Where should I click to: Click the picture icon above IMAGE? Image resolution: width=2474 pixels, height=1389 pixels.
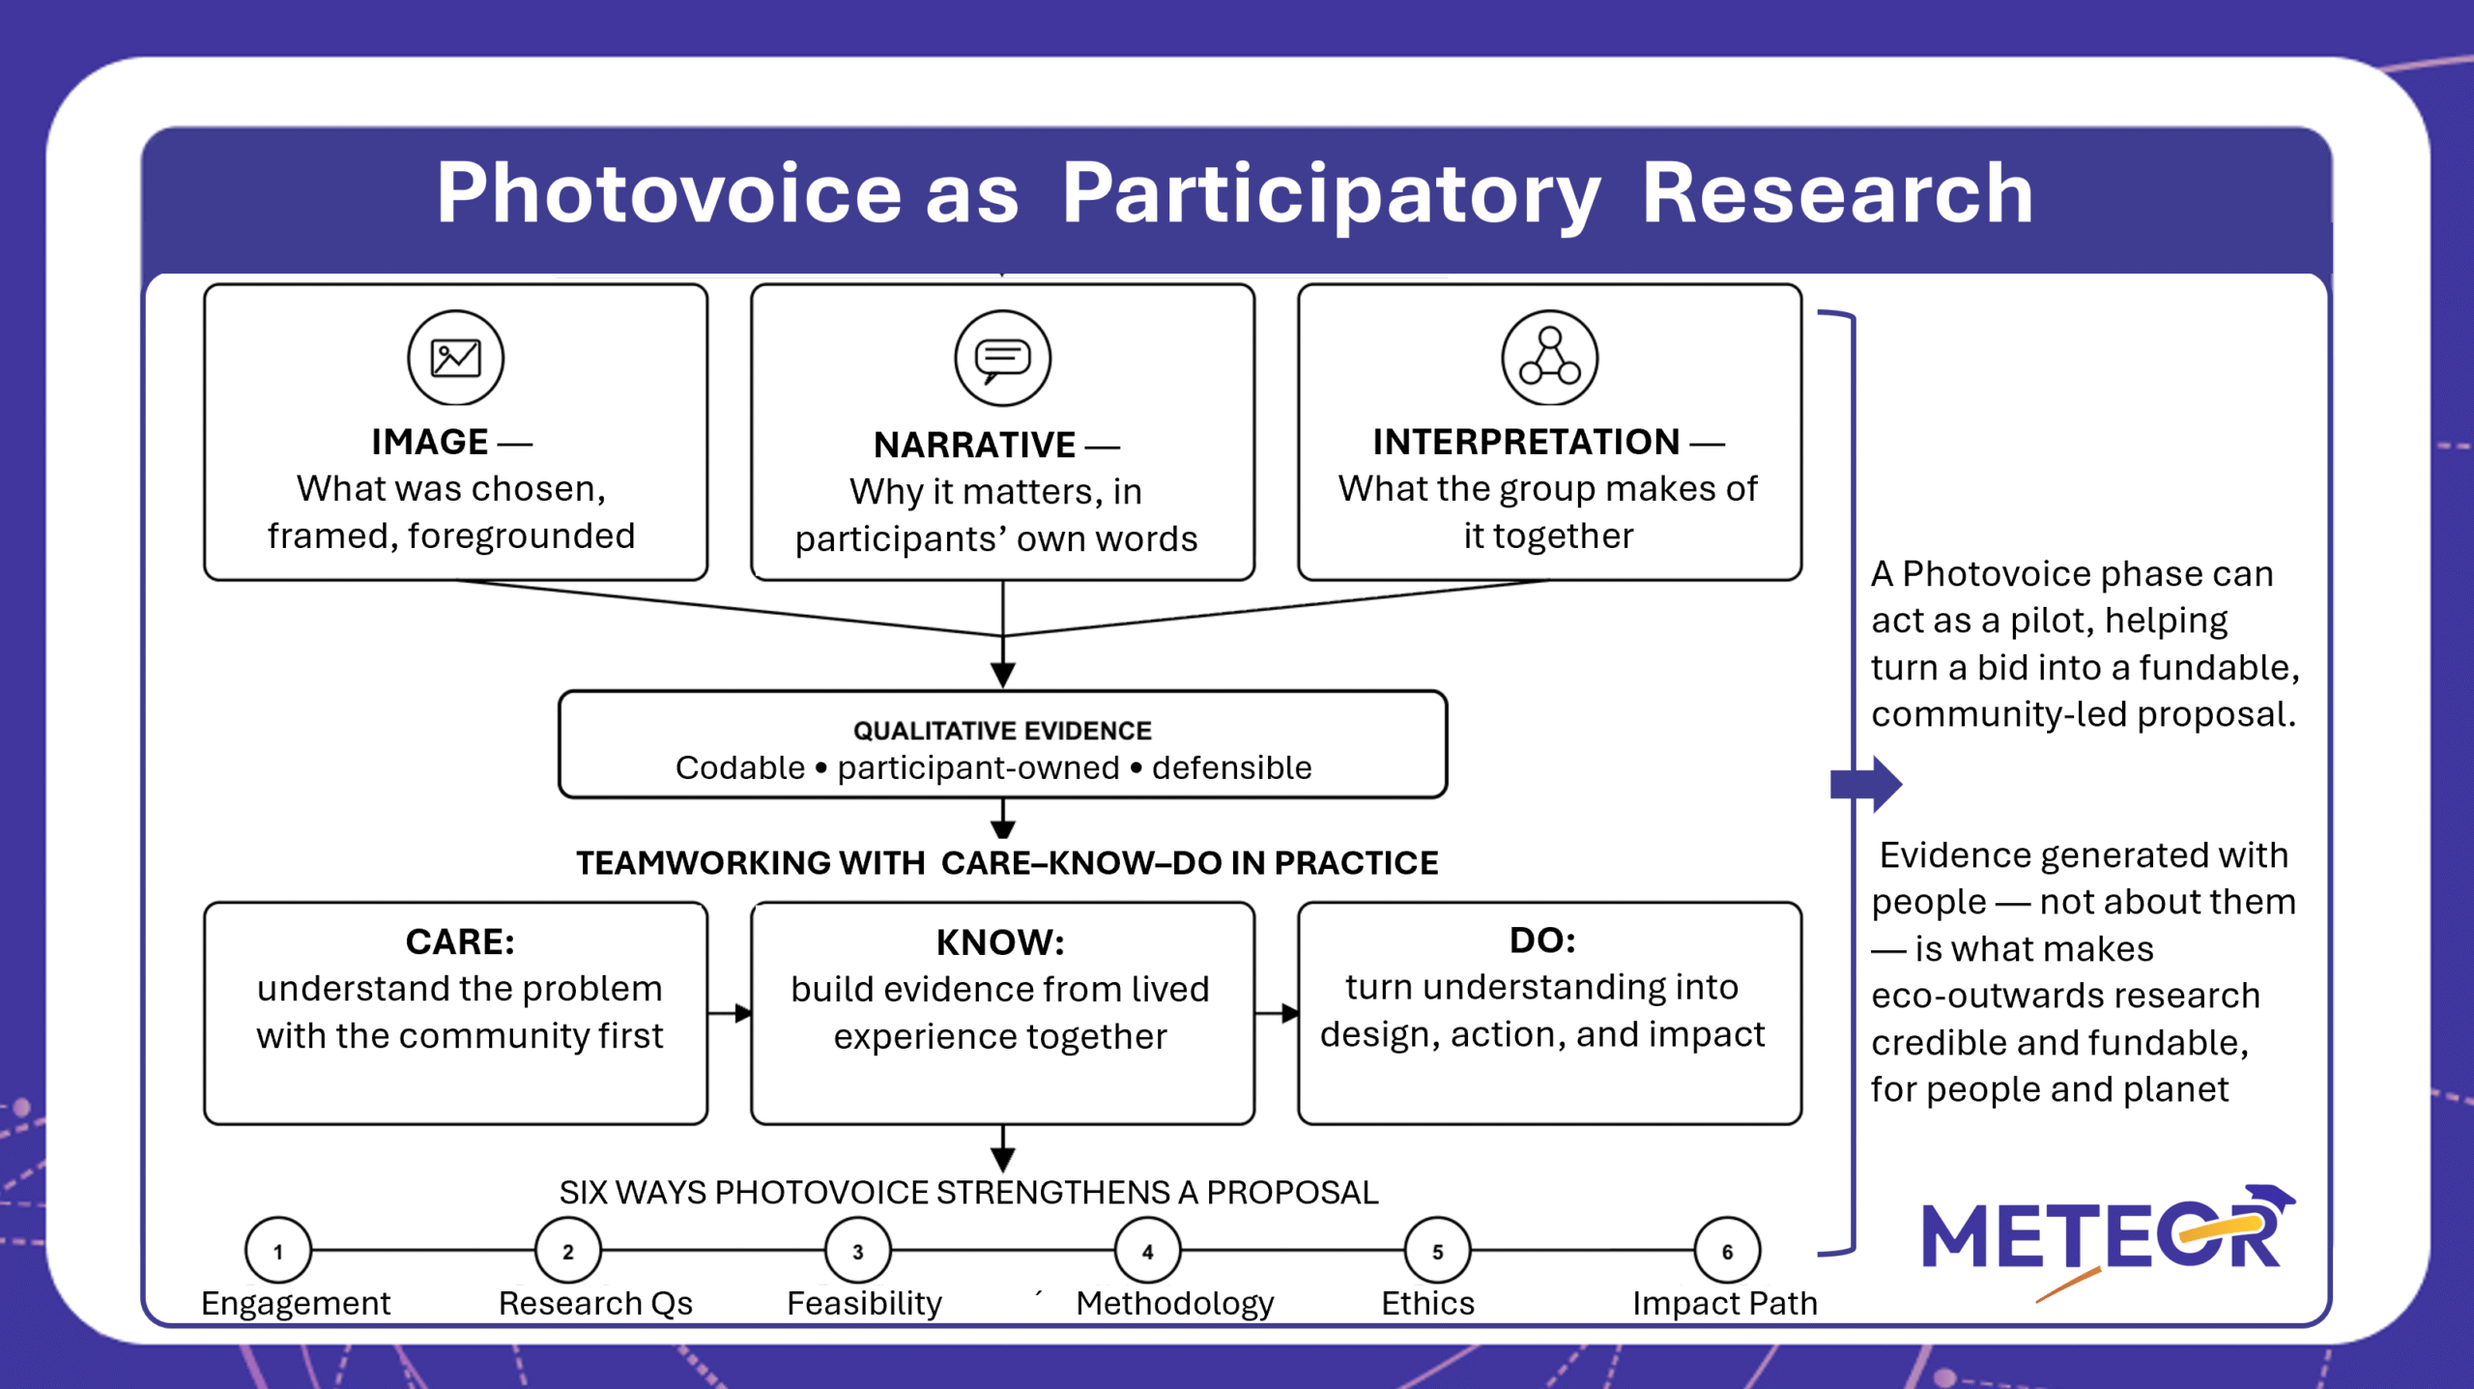[x=455, y=358]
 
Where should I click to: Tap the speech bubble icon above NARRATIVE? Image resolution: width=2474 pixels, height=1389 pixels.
[x=1002, y=358]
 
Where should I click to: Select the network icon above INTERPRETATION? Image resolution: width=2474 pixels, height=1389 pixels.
[x=1549, y=358]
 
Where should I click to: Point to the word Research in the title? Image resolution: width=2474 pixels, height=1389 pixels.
[x=1837, y=193]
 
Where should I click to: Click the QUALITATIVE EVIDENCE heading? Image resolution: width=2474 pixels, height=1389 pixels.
[x=1002, y=731]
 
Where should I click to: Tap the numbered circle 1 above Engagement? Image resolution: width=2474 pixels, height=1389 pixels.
[x=278, y=1251]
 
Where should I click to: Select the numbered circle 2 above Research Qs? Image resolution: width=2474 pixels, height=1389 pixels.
[x=568, y=1251]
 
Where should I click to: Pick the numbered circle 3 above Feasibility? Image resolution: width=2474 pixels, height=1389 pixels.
[x=858, y=1251]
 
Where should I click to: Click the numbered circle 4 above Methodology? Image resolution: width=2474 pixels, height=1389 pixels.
[x=1148, y=1251]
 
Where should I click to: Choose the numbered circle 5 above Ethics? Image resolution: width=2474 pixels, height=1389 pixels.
[x=1438, y=1251]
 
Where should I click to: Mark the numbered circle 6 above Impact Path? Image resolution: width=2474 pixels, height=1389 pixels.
[x=1728, y=1251]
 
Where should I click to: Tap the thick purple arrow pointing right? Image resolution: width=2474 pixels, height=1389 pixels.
[x=1866, y=784]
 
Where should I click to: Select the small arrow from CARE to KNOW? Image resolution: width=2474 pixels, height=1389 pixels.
[x=730, y=1013]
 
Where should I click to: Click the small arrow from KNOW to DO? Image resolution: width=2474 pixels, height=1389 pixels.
[x=1277, y=1013]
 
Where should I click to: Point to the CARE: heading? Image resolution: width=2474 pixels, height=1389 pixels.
[x=460, y=941]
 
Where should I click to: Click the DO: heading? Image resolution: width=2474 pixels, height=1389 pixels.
[x=1542, y=940]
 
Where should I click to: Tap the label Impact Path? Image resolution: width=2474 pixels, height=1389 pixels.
[x=1725, y=1303]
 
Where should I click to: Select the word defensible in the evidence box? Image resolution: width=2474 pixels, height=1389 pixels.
[x=1232, y=767]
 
